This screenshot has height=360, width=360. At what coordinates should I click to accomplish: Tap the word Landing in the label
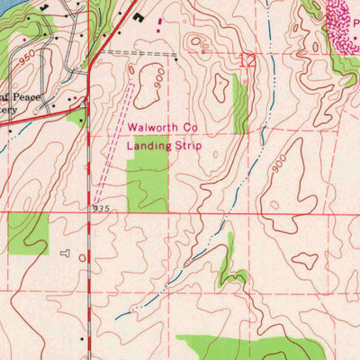(x=148, y=145)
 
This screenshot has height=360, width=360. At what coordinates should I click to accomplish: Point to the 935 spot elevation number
(x=100, y=207)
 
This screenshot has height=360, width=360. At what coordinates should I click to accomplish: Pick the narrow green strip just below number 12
(x=240, y=103)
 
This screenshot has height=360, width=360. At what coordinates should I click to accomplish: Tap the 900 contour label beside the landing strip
(x=157, y=80)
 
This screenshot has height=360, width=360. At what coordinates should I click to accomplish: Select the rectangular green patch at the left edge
(x=27, y=233)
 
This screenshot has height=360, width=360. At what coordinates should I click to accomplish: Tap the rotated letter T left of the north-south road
(x=64, y=256)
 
